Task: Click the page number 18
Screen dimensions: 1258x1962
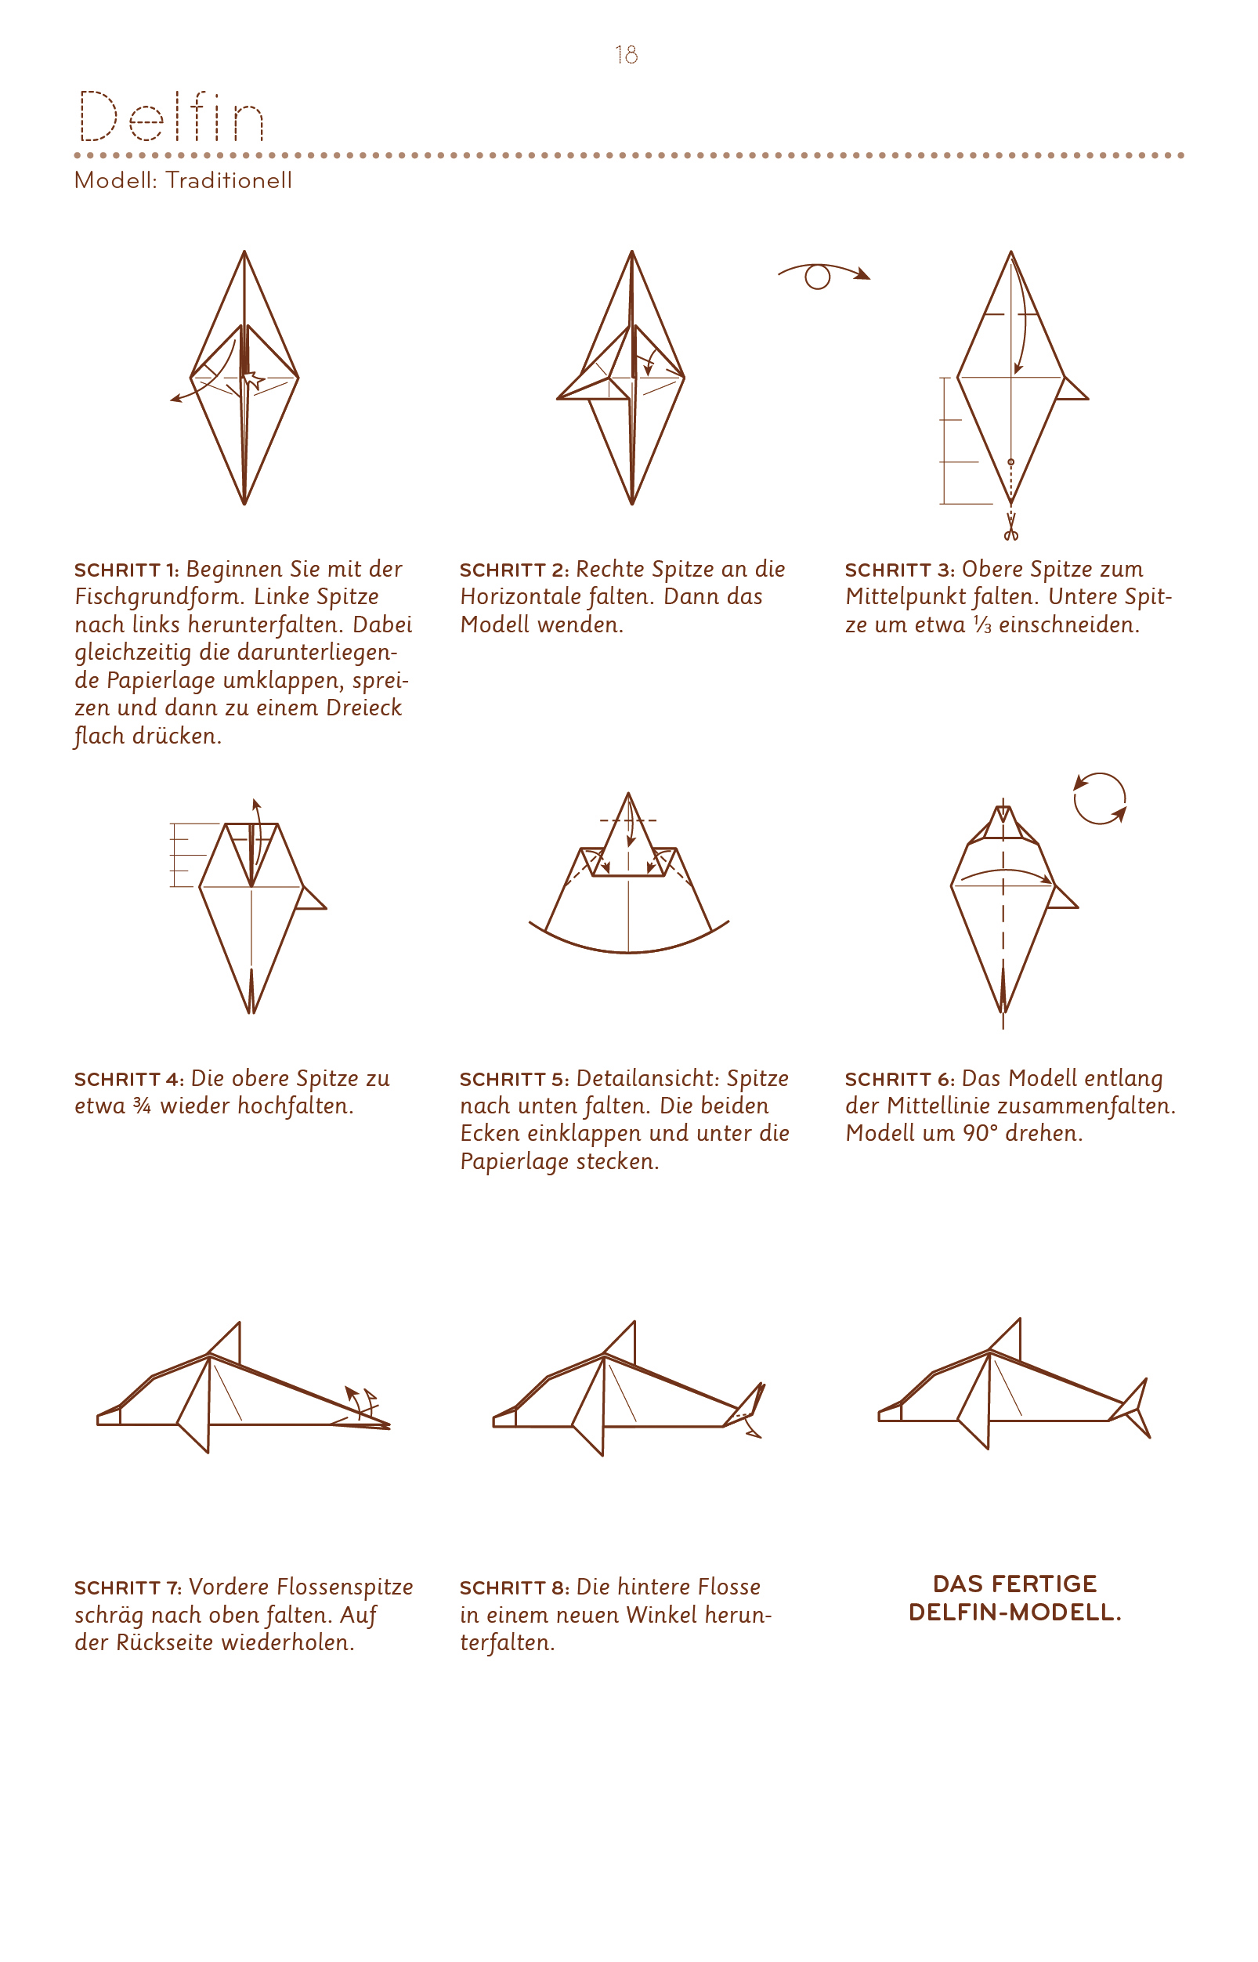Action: tap(627, 55)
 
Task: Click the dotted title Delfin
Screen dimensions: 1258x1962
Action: tap(171, 116)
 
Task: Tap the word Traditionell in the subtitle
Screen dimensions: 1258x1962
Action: tap(229, 179)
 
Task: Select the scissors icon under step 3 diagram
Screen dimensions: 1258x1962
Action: tap(1011, 527)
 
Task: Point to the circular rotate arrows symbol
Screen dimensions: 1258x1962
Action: tap(1100, 798)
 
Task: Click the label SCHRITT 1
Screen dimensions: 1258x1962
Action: tap(126, 570)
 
